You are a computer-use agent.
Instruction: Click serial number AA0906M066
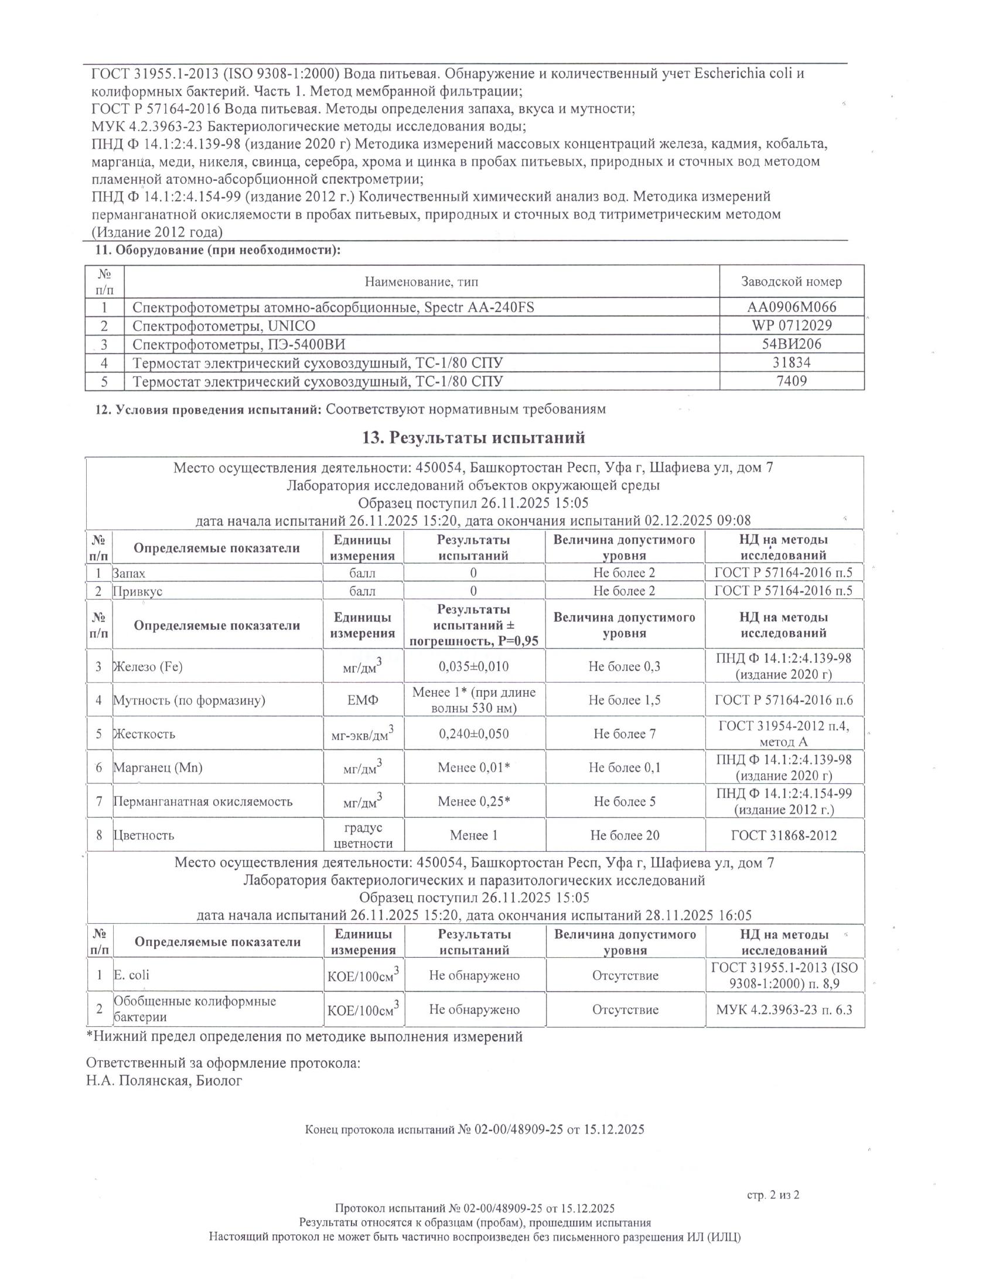792,307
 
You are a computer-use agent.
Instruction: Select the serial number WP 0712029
792,326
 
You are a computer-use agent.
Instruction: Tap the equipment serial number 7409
792,381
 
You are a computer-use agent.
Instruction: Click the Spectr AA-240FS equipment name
333,307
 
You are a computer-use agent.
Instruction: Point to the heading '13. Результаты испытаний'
474,437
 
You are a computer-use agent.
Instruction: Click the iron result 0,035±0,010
474,666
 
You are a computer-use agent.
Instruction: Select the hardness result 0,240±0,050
474,734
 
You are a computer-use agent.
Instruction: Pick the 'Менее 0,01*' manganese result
474,768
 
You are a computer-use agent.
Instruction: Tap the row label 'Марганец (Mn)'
158,768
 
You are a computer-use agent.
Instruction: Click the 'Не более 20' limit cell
625,835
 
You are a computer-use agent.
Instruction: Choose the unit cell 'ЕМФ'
362,700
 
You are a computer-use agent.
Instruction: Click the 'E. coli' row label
132,975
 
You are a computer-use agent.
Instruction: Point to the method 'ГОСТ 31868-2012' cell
783,835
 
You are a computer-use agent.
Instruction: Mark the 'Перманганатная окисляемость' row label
203,801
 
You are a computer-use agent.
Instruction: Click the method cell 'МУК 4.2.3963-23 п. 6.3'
784,1009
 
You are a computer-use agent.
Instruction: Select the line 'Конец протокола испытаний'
475,1130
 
